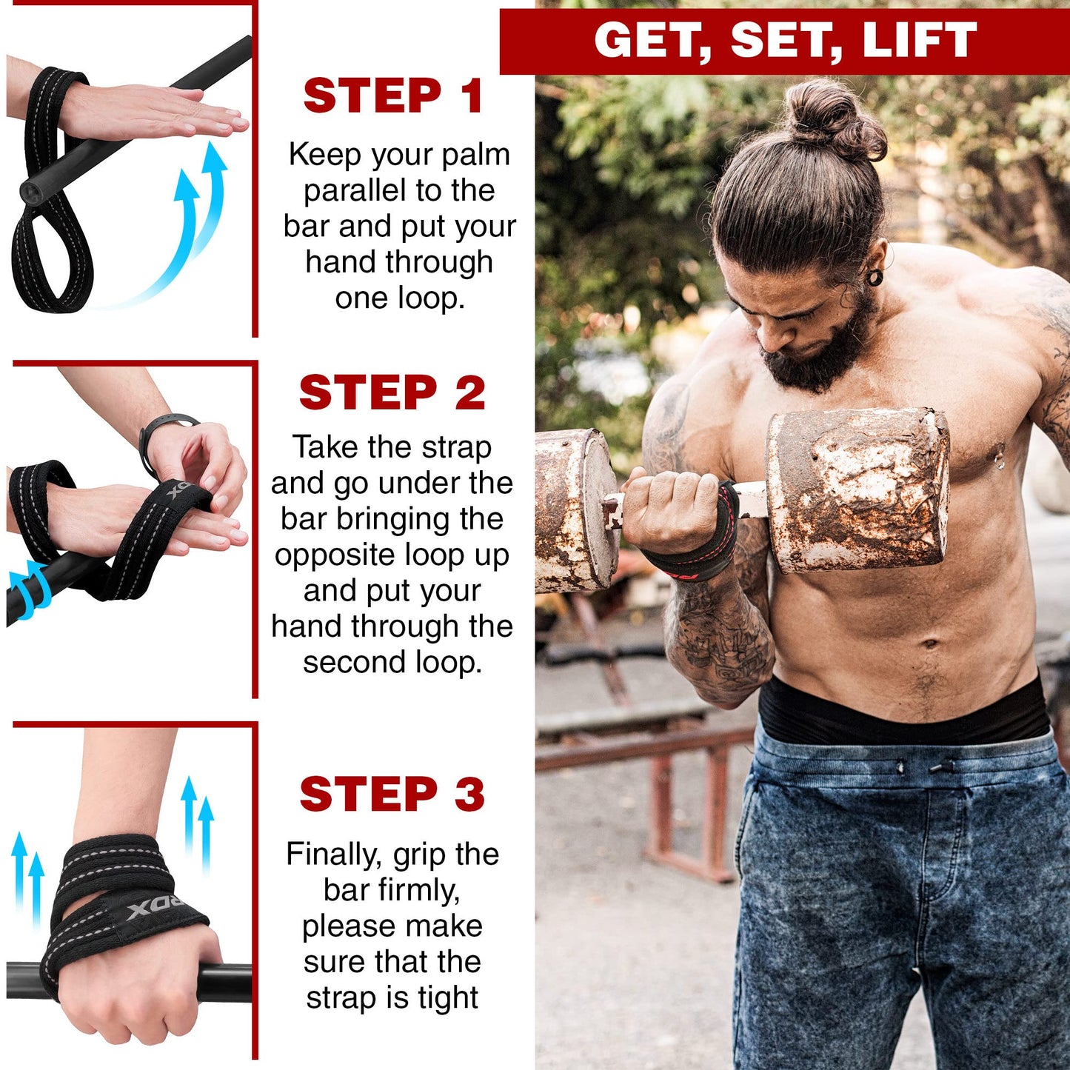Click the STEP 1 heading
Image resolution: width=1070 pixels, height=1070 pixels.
[x=393, y=96]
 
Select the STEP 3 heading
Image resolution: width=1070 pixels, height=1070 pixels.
[x=392, y=794]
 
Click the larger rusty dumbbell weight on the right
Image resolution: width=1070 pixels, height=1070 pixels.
[x=859, y=489]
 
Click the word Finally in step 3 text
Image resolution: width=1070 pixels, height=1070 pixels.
[x=334, y=854]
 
